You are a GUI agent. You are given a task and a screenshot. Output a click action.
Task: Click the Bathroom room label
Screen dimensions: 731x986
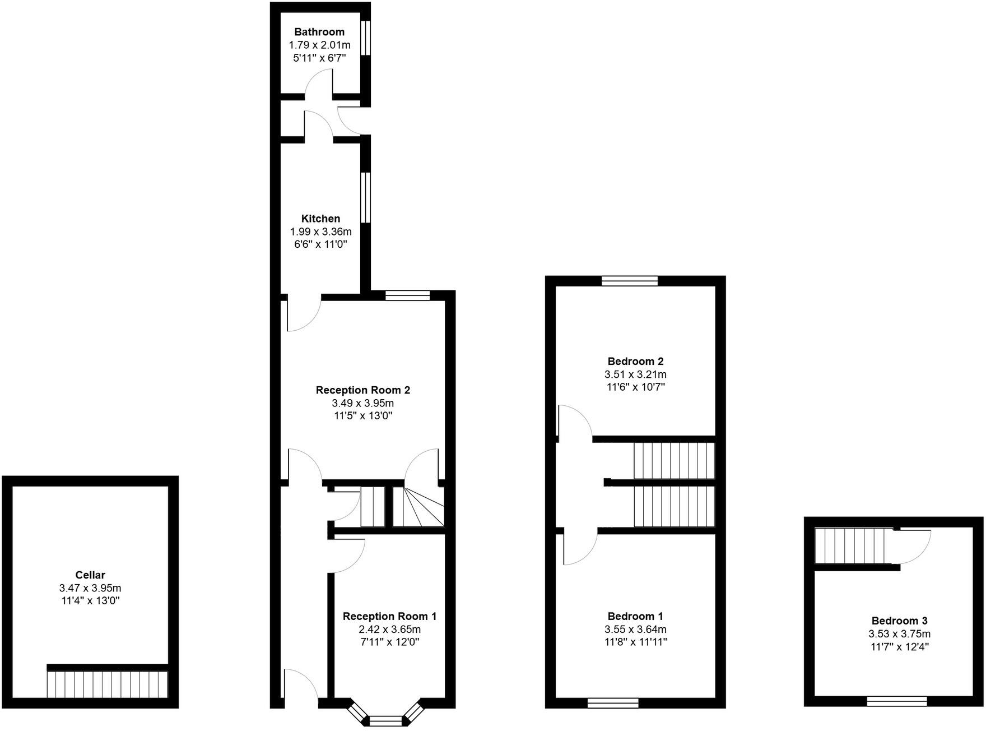319,32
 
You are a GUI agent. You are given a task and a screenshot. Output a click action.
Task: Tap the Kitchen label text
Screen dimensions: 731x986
320,219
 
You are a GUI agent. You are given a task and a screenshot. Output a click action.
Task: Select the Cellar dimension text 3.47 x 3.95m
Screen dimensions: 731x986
90,588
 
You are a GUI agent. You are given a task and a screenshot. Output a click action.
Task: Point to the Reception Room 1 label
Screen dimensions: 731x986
389,616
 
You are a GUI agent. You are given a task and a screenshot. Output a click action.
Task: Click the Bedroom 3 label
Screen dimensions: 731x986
899,621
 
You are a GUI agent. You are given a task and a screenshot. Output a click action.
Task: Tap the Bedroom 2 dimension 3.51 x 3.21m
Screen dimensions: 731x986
635,374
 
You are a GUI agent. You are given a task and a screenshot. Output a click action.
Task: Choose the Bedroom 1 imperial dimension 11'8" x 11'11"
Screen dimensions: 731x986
635,642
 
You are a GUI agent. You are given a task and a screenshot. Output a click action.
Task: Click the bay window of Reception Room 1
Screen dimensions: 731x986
386,719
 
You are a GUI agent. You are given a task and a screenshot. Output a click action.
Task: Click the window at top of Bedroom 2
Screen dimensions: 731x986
630,281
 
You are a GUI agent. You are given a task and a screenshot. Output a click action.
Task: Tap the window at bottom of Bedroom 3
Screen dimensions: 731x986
896,701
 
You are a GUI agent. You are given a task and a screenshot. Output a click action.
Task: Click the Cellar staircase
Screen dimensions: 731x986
107,684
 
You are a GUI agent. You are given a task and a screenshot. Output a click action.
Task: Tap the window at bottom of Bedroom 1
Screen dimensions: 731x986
613,703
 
